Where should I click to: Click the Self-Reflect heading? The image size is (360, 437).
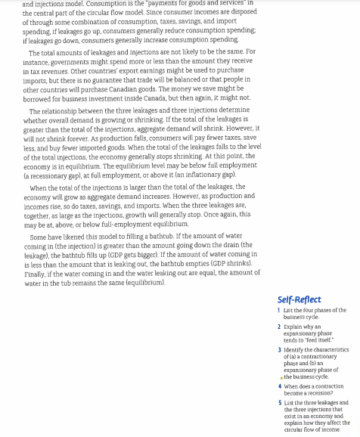point(299,299)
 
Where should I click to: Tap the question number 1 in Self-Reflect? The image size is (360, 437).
point(278,310)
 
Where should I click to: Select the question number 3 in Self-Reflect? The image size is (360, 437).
point(279,350)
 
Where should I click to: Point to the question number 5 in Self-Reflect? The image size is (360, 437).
point(279,403)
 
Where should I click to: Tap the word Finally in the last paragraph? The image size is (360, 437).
point(35,274)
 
